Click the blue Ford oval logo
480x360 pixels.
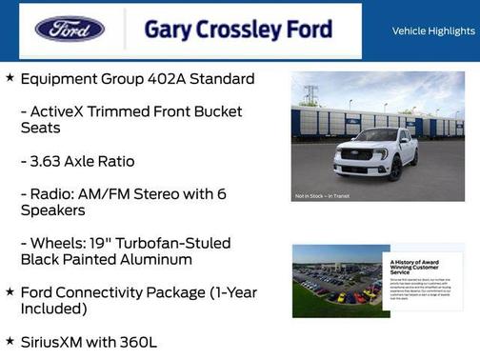70,30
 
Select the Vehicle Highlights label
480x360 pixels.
433,31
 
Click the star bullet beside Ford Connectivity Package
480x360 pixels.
10,291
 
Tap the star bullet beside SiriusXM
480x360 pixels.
10,340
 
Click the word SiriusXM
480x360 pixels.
56,341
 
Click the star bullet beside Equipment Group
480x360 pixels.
10,78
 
